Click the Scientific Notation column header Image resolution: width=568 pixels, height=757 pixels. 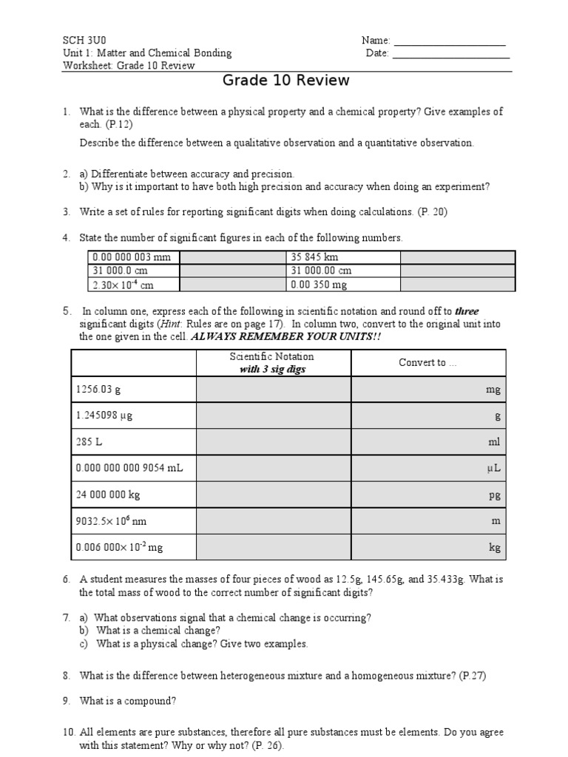(x=272, y=362)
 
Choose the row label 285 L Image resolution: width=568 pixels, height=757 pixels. (x=88, y=442)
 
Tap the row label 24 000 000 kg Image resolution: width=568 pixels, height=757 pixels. (x=107, y=495)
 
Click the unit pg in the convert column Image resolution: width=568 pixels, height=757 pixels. (x=495, y=495)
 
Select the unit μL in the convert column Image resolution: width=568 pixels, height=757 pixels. (x=494, y=469)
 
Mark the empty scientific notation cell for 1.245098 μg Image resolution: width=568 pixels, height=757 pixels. (x=273, y=416)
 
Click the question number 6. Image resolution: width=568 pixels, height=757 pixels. (x=66, y=580)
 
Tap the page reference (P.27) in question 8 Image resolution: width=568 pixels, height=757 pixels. (x=473, y=675)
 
